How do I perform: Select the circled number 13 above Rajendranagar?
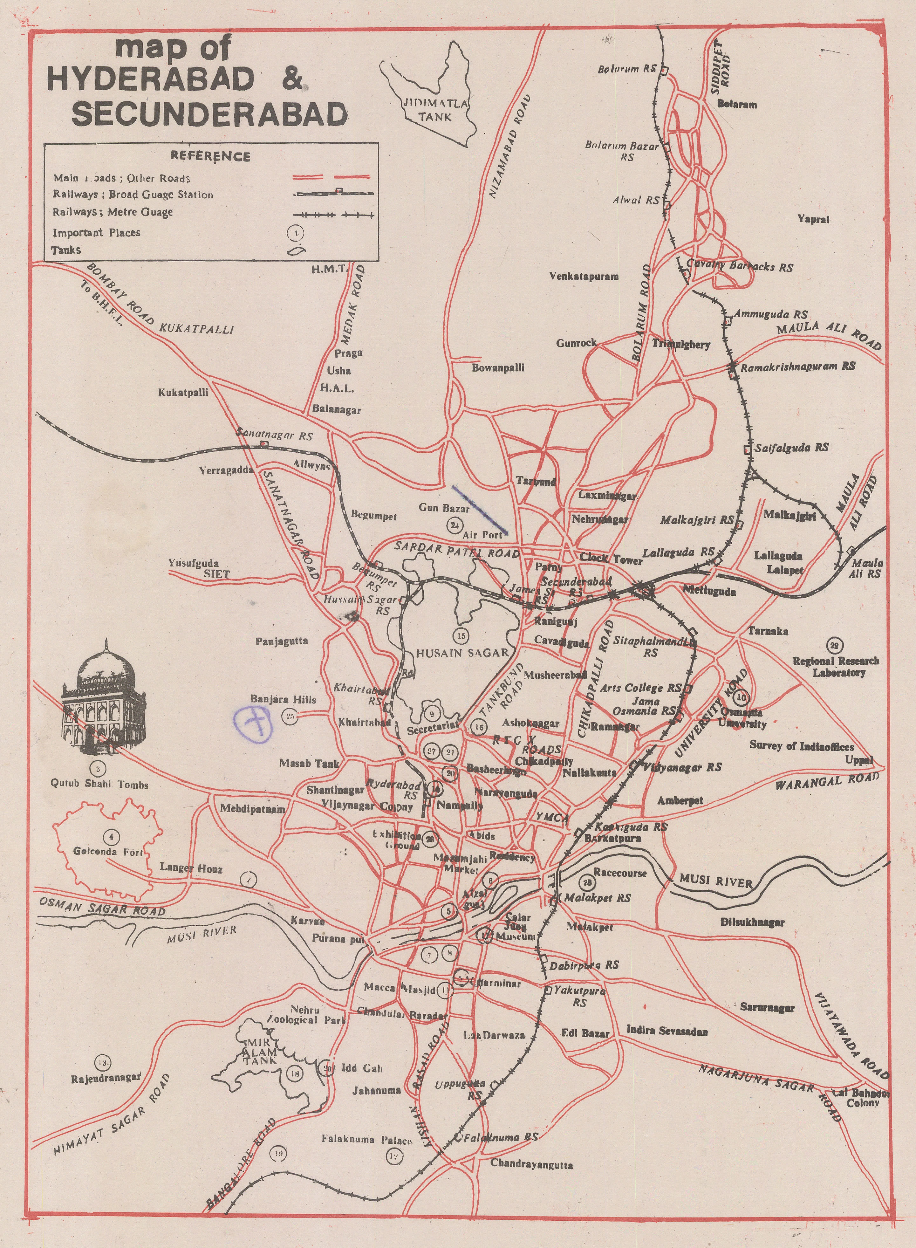(x=103, y=1062)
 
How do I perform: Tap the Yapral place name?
(x=813, y=219)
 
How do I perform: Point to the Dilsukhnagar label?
(x=752, y=922)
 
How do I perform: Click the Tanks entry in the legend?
(x=66, y=250)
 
